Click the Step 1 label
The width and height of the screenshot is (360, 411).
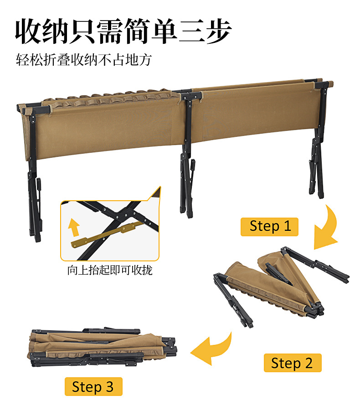click(x=269, y=227)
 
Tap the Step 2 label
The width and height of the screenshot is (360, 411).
click(x=293, y=363)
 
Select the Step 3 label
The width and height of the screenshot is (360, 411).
click(x=93, y=387)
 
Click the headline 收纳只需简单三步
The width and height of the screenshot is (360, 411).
click(x=123, y=31)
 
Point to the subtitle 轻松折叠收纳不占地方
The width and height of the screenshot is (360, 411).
click(x=84, y=60)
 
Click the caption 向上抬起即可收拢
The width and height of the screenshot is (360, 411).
click(x=110, y=270)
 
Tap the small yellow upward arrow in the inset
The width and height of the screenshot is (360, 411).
click(x=74, y=228)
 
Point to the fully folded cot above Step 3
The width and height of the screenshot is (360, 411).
click(x=102, y=347)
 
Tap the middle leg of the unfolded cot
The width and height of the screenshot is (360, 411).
click(x=187, y=157)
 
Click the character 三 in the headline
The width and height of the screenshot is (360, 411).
click(x=191, y=31)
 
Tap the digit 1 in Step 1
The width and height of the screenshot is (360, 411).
click(x=287, y=226)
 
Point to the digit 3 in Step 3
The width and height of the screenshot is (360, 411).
click(x=109, y=387)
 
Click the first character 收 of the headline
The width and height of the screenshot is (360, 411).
click(x=28, y=31)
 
